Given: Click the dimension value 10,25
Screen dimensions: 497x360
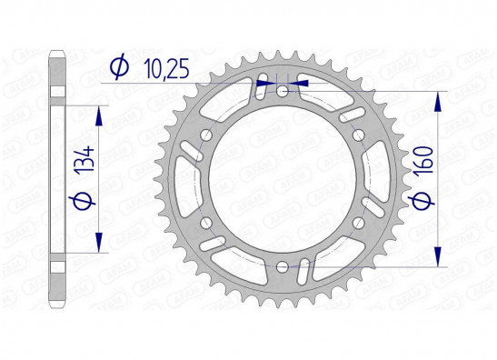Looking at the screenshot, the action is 166,68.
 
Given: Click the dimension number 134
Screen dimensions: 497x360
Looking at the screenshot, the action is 84,159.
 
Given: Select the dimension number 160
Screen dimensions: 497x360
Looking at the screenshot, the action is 424,159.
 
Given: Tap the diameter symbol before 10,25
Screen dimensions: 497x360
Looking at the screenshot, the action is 120,68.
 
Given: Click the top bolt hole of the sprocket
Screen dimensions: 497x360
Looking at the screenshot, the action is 282,92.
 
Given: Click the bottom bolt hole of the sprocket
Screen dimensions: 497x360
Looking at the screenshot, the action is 282,267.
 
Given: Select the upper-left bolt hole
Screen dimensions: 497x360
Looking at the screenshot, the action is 206,135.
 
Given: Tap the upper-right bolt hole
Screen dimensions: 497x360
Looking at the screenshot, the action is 358,135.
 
